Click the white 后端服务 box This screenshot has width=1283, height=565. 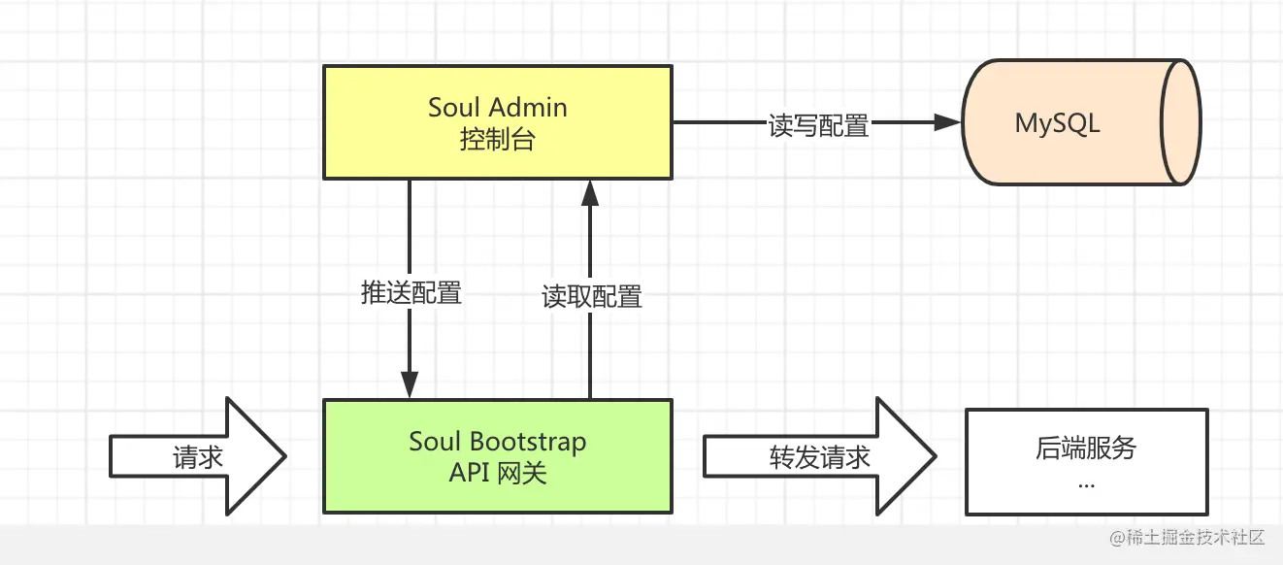coord(1086,462)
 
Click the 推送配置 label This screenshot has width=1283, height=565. coord(411,292)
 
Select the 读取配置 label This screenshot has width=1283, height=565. coord(591,296)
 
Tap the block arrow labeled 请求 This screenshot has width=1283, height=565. coord(198,457)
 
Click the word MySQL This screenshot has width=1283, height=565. coord(1057,123)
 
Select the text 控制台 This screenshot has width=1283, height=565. coord(497,140)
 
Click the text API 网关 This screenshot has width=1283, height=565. coord(497,474)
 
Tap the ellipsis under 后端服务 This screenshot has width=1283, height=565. coord(1086,482)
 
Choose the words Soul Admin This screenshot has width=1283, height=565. coord(497,107)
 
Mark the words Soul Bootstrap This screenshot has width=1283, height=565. coord(497,442)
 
